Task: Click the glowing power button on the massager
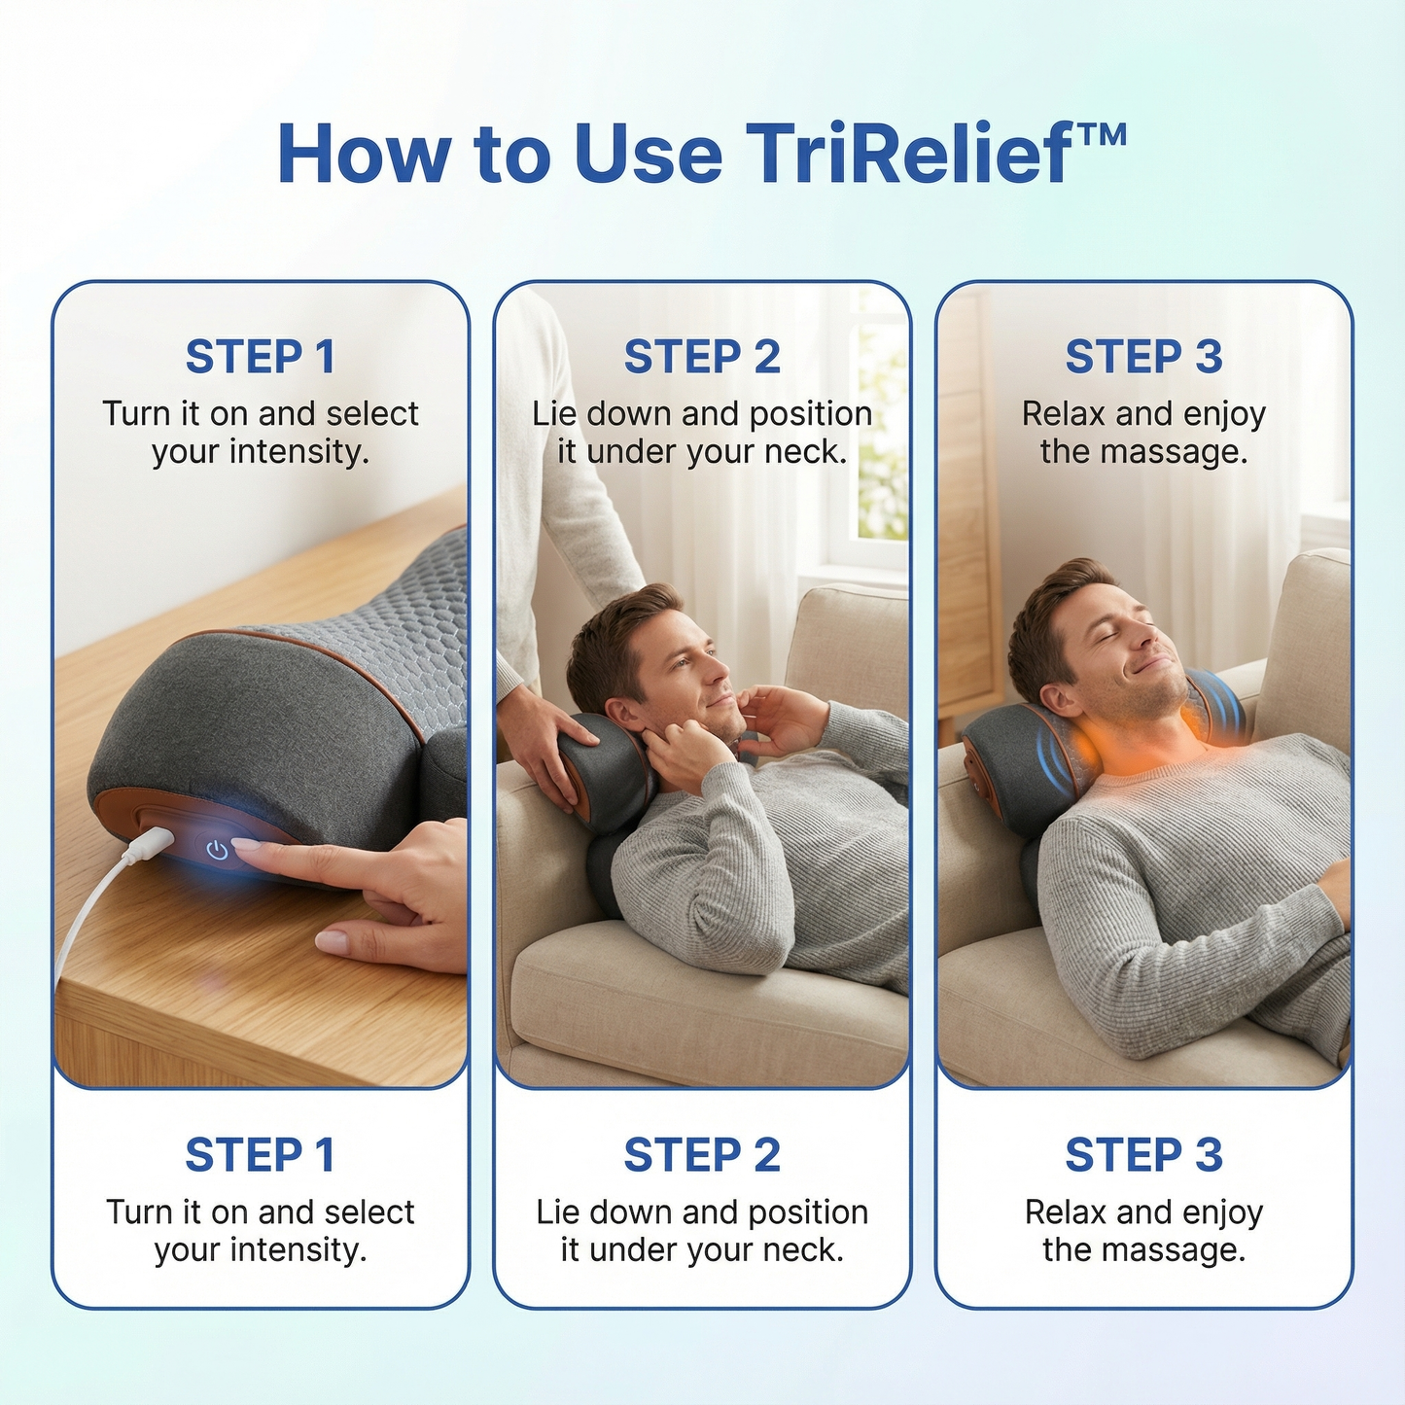point(218,851)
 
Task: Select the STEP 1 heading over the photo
point(260,357)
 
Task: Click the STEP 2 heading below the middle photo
point(701,1155)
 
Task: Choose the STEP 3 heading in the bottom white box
point(1143,1155)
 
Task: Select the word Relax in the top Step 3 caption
point(1064,414)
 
